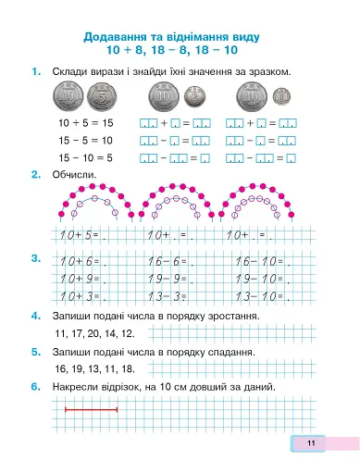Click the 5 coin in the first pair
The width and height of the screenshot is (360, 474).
click(x=102, y=96)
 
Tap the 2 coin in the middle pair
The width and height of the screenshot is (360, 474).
click(x=193, y=95)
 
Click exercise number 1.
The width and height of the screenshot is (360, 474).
click(x=34, y=71)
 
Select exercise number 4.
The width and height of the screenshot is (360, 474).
click(x=34, y=316)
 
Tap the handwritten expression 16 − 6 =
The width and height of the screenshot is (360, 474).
click(x=168, y=261)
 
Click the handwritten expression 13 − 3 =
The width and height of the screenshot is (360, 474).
click(x=168, y=295)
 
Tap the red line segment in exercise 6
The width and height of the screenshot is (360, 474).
click(x=90, y=408)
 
